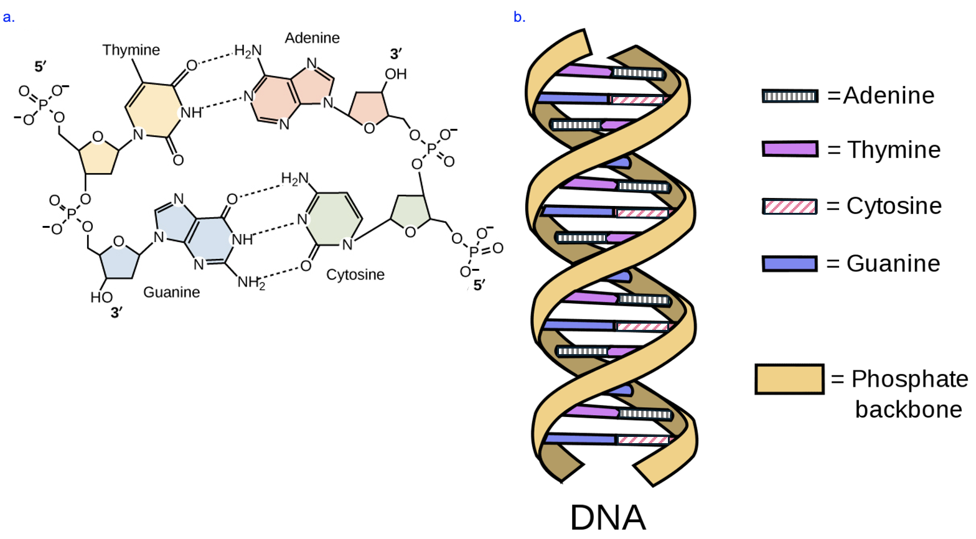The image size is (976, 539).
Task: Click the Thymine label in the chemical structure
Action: click(131, 50)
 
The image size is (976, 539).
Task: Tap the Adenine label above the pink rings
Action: click(312, 38)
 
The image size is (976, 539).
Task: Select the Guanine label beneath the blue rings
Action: click(171, 292)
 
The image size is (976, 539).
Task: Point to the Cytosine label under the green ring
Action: click(355, 274)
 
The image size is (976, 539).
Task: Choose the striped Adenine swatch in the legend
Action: click(790, 96)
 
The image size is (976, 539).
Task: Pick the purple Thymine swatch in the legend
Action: click(790, 149)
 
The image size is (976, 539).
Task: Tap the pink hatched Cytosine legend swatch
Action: click(790, 207)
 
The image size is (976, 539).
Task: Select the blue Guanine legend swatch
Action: click(790, 264)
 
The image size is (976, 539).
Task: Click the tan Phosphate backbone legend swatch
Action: click(789, 379)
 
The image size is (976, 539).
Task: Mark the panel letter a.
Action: click(8, 17)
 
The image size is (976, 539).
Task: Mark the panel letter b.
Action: click(519, 17)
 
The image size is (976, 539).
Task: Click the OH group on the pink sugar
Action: click(395, 75)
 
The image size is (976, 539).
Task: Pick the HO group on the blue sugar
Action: click(101, 298)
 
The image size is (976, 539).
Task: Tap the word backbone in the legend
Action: click(908, 410)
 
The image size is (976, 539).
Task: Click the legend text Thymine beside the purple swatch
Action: click(893, 150)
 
